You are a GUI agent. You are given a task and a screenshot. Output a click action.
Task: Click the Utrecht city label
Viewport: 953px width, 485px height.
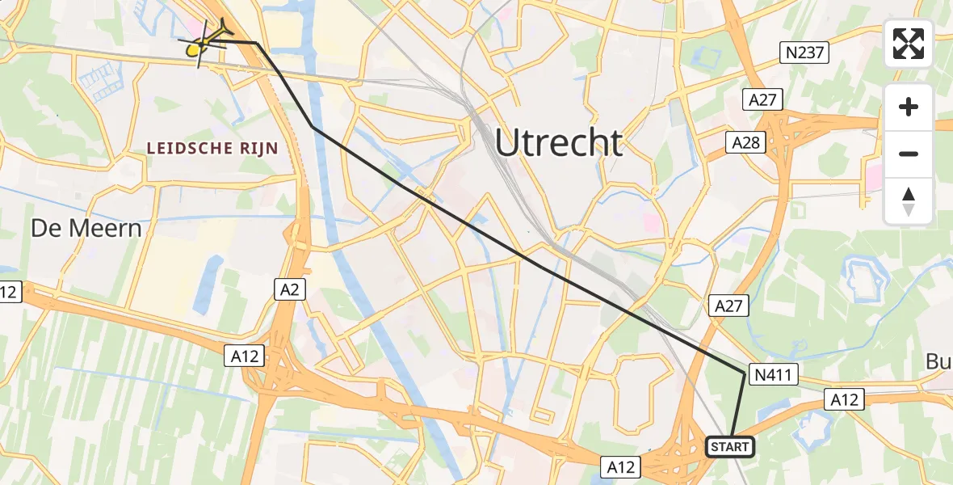click(558, 143)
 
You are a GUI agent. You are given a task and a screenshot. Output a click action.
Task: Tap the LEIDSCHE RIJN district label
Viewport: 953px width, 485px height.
click(212, 148)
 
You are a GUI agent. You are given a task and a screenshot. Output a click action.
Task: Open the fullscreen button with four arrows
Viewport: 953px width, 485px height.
click(909, 44)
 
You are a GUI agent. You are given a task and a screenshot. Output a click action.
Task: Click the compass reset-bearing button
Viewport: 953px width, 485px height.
click(909, 201)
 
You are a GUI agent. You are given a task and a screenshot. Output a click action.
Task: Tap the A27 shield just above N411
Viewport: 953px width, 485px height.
click(728, 306)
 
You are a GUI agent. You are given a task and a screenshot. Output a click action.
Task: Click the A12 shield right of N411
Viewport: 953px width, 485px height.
click(844, 399)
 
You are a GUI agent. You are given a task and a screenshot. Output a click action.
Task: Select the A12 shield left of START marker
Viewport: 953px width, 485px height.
click(622, 466)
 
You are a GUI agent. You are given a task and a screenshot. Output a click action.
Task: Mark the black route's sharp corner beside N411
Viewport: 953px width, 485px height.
click(744, 373)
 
